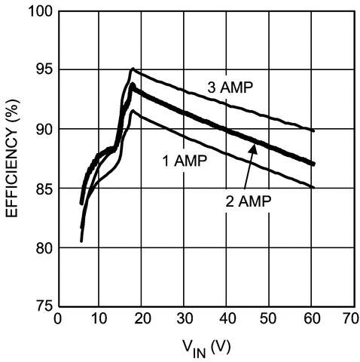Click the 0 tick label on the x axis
tap(58, 320)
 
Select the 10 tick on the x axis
tap(99, 320)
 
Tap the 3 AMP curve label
tap(233, 87)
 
